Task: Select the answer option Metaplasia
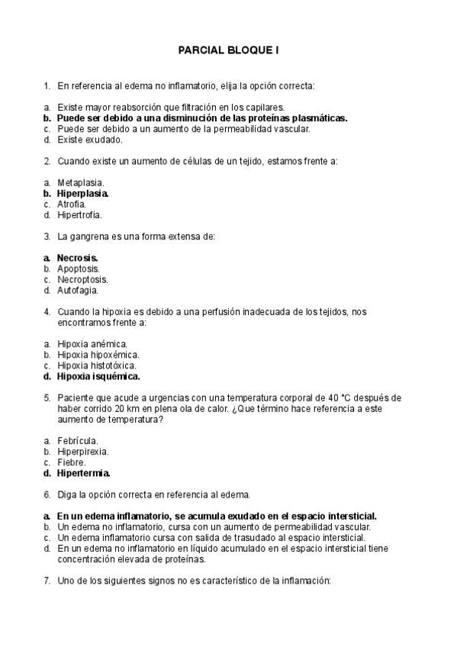81,183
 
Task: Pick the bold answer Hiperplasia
83,194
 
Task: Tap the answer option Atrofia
72,204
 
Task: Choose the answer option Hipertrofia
79,215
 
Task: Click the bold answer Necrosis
78,258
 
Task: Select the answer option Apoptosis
79,269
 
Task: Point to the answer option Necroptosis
82,279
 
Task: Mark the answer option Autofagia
78,290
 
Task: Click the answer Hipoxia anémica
92,344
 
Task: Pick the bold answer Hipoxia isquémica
98,376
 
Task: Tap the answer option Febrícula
78,440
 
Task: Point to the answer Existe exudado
89,140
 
